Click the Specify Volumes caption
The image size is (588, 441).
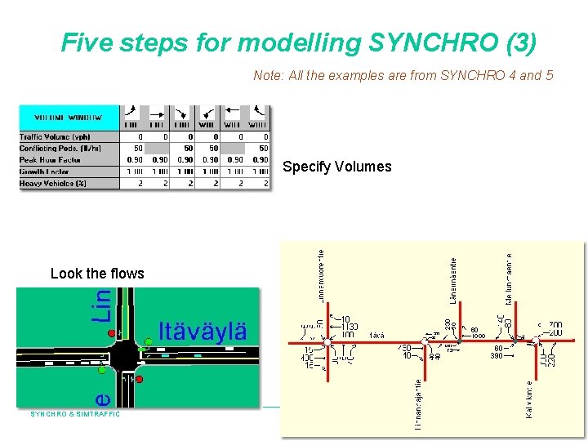tap(336, 167)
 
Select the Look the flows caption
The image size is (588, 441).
tap(96, 274)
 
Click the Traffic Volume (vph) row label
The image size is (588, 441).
tap(55, 137)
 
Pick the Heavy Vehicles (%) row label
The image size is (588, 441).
tap(52, 183)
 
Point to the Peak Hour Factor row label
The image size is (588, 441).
tap(50, 160)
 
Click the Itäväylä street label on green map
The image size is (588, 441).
tap(203, 332)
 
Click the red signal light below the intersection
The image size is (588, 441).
tap(139, 379)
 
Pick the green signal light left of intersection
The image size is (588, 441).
tap(101, 370)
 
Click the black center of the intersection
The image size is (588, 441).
tap(124, 356)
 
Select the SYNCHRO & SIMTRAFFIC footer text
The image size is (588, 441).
tap(75, 414)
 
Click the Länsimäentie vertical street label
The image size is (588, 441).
tap(453, 287)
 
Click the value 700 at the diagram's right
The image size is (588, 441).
tap(555, 325)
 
